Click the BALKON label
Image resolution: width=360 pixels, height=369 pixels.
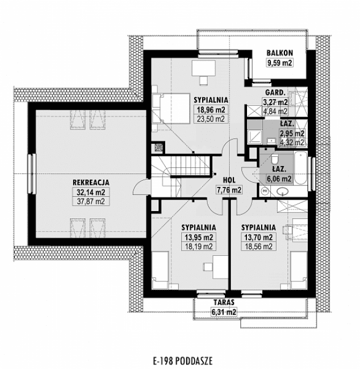[279, 53]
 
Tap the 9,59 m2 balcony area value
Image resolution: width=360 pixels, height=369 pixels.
[279, 63]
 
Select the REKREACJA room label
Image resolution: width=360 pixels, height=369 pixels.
[90, 182]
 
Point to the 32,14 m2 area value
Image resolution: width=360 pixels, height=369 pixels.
[90, 192]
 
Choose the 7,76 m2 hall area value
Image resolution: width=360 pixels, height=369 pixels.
[229, 190]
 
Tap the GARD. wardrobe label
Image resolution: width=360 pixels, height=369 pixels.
[275, 93]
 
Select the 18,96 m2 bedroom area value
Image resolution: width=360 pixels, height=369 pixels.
[210, 110]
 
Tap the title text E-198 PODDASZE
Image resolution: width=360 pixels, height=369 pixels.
[180, 359]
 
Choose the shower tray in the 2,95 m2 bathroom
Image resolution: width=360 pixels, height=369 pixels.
[253, 134]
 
